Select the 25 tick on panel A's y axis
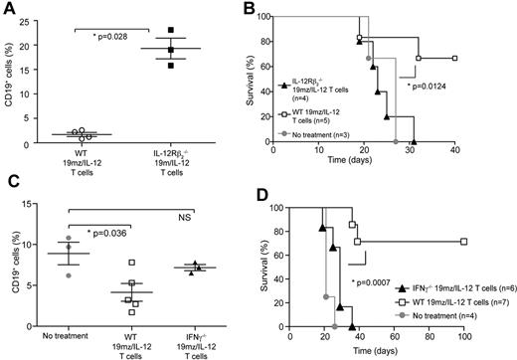[x=43, y=16]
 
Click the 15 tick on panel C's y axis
[x=42, y=202]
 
